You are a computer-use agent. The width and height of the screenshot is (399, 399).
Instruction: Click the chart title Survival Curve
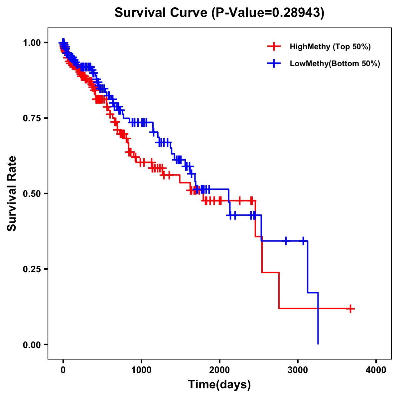point(162,13)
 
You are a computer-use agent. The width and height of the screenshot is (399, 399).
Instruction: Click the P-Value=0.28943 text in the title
point(268,13)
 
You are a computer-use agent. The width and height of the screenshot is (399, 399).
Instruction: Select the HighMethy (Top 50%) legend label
point(330,47)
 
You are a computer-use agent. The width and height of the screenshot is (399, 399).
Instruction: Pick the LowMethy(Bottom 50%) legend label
point(335,64)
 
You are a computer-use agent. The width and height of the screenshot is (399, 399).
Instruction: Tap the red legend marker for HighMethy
point(274,47)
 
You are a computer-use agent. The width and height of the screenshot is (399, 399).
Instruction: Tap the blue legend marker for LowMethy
point(274,64)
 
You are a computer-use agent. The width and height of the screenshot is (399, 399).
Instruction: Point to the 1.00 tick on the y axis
point(32,43)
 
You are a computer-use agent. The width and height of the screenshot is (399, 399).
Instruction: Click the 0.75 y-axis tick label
point(32,118)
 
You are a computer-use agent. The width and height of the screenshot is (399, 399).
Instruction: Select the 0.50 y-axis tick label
point(32,194)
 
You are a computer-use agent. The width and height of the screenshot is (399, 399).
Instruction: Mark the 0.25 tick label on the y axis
point(32,269)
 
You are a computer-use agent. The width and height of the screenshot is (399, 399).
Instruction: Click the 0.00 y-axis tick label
point(32,344)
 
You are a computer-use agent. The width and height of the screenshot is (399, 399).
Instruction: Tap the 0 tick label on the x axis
point(63,370)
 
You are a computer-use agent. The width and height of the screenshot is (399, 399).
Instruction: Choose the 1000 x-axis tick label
point(141,370)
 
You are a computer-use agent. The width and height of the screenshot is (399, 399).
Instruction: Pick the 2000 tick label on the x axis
point(219,370)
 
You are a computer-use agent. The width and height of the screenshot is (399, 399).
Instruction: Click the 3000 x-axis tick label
point(298,370)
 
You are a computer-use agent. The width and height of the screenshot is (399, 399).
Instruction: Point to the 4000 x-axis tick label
point(376,370)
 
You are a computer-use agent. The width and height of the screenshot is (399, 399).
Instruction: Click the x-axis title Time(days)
point(219,385)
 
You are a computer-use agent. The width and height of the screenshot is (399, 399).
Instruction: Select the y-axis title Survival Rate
point(12,194)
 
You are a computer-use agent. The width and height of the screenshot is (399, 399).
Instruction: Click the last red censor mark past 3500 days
point(350,309)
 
